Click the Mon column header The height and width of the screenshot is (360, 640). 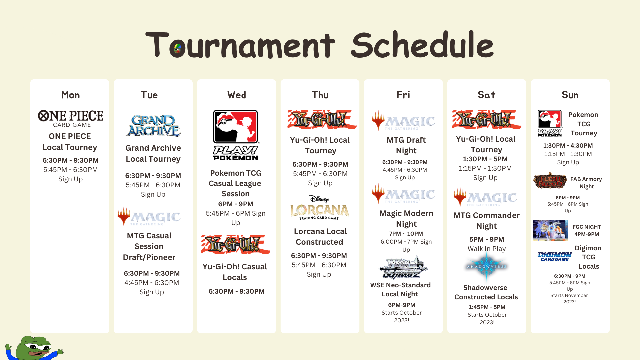[x=70, y=95]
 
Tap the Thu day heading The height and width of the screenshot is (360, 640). [x=320, y=95]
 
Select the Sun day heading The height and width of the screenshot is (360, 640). [x=570, y=95]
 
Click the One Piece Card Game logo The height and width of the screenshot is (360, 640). [x=71, y=119]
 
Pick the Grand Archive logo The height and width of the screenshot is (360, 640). [x=153, y=126]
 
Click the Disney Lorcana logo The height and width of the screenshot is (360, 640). [x=320, y=208]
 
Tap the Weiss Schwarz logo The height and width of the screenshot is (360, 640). [x=403, y=267]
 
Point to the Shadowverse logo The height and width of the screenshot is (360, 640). [x=487, y=266]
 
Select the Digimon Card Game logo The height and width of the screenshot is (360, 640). [x=554, y=256]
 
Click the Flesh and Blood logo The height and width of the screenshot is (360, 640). [x=550, y=181]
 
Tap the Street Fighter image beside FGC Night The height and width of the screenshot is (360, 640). [x=550, y=230]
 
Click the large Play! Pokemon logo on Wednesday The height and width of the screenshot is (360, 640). [x=236, y=135]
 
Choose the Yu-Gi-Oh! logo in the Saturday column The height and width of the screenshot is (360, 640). [x=487, y=119]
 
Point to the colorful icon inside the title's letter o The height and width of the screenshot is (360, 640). [x=177, y=49]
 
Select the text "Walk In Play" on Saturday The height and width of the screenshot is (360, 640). [x=487, y=249]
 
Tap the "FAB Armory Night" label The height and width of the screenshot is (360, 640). [x=586, y=183]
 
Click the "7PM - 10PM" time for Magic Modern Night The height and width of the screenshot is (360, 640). [x=406, y=234]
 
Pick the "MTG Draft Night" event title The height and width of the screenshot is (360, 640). [x=406, y=145]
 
